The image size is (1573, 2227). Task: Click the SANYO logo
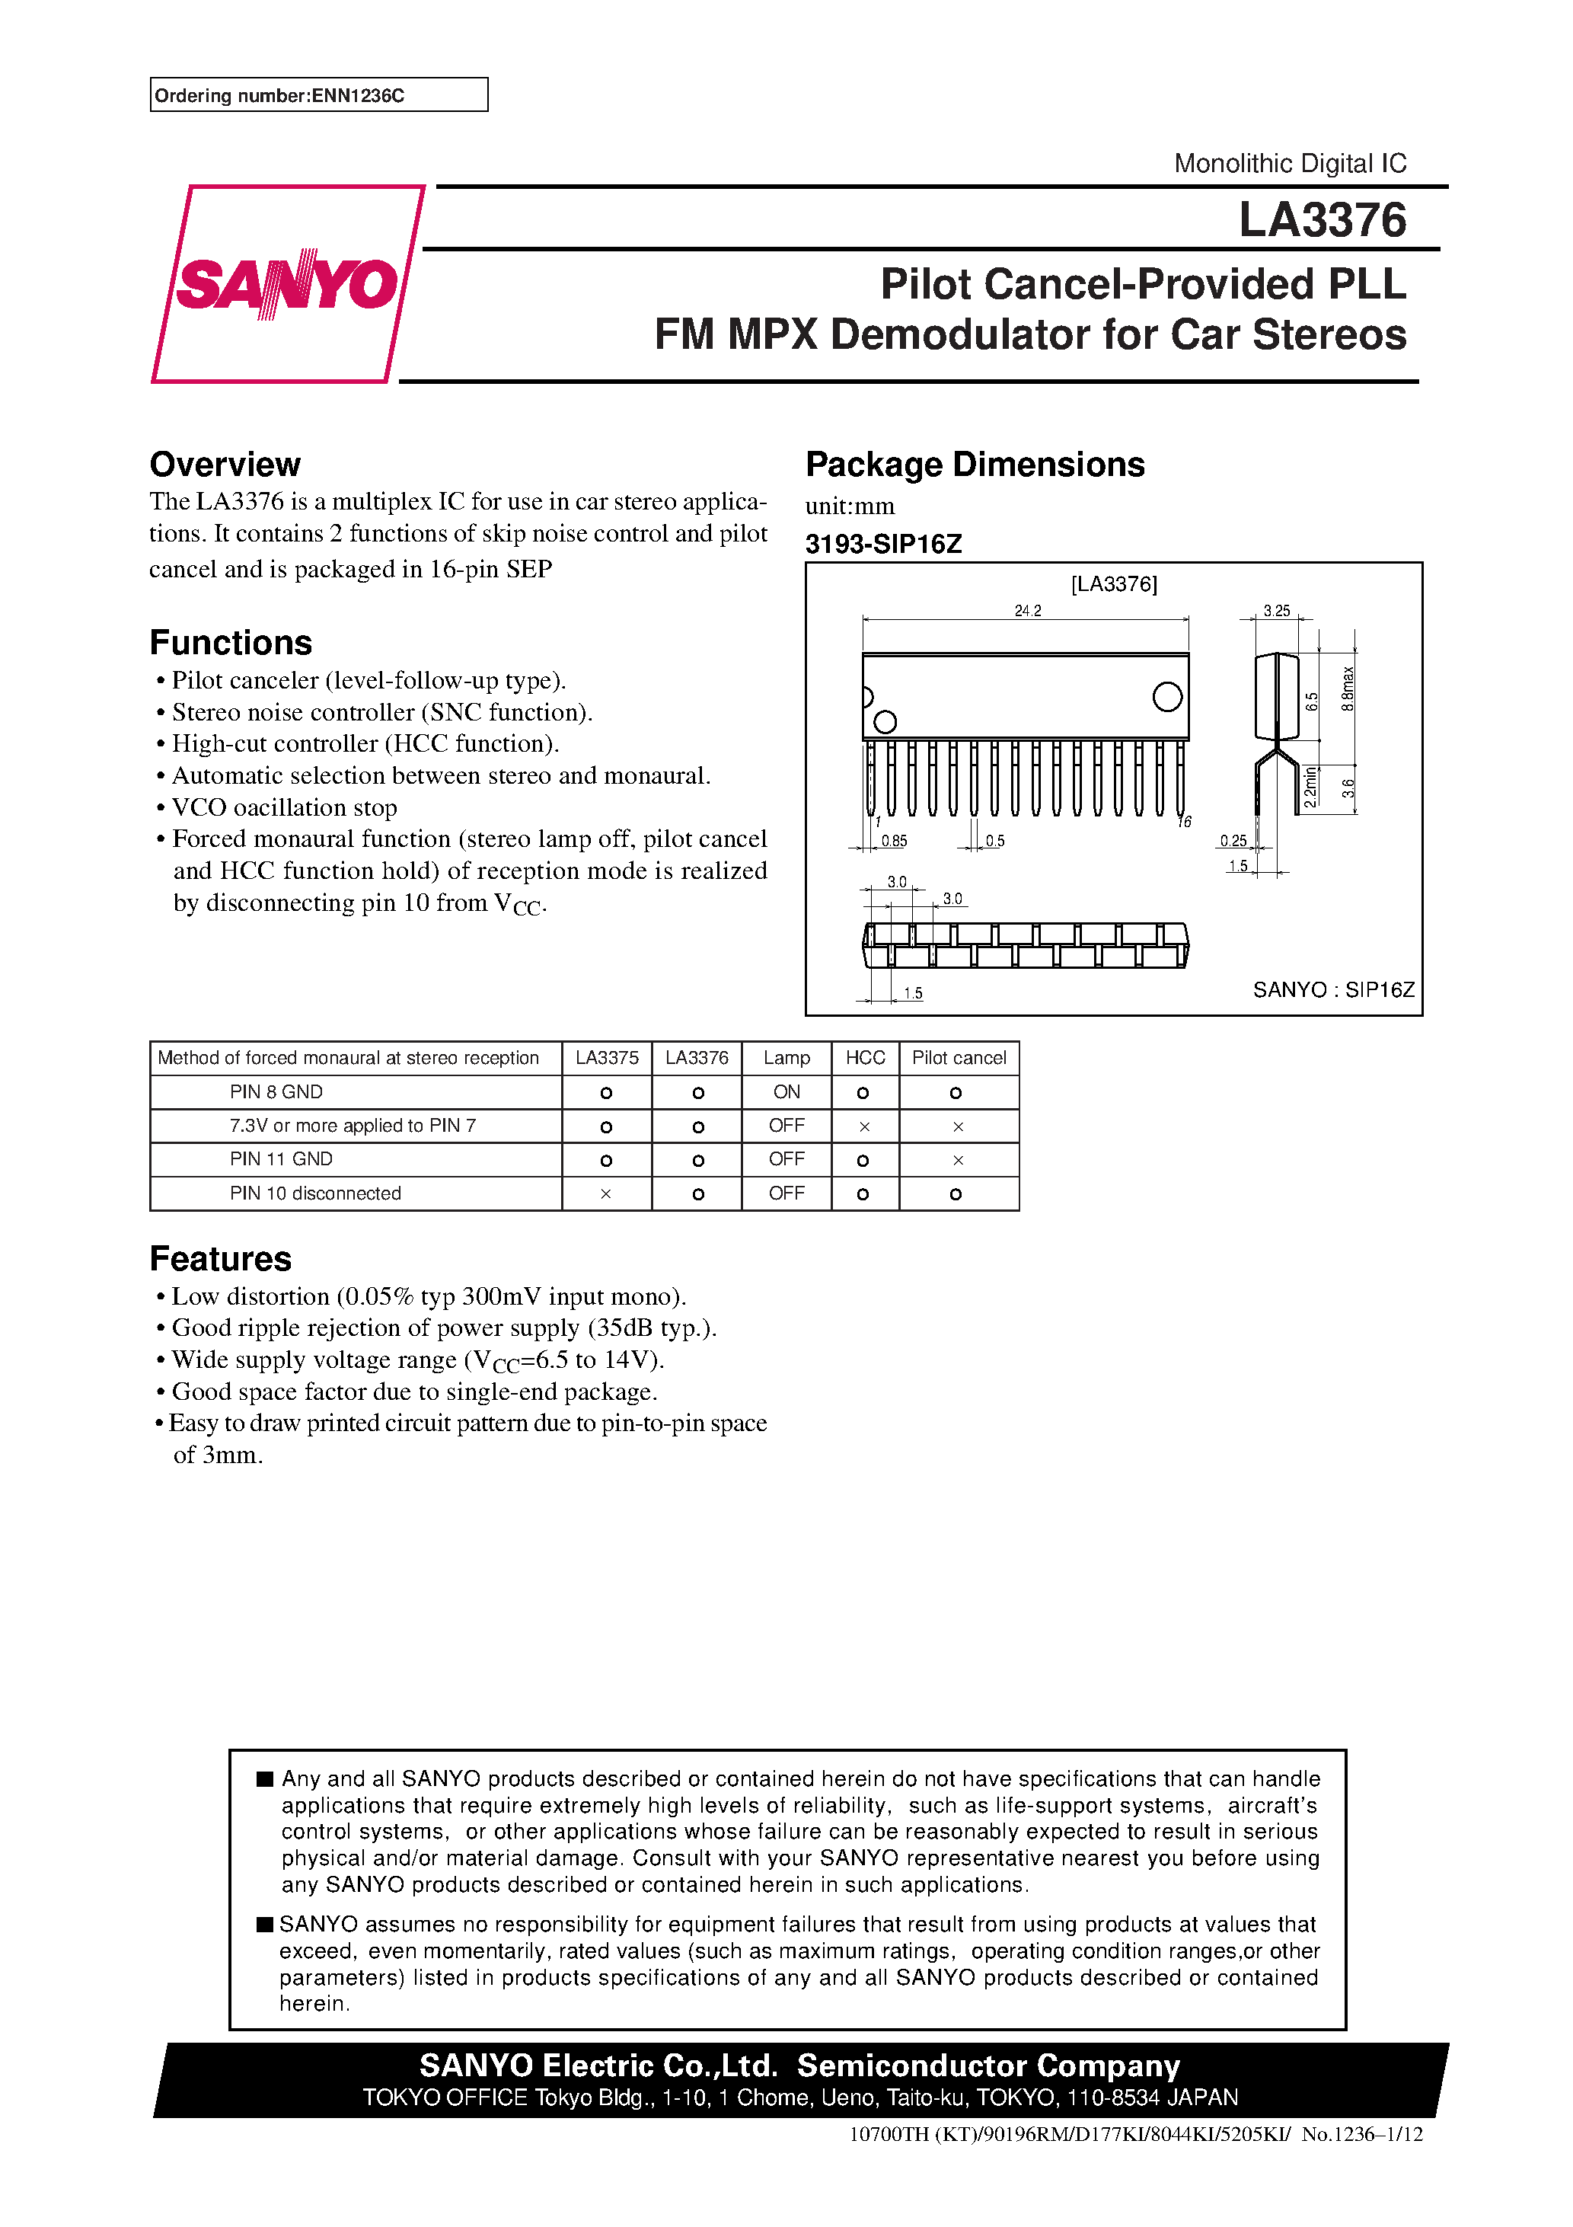pyautogui.click(x=287, y=284)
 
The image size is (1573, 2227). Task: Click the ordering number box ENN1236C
pyautogui.click(x=318, y=95)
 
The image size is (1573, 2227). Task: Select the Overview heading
pyautogui.click(x=225, y=465)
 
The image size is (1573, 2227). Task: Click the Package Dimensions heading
pyautogui.click(x=974, y=465)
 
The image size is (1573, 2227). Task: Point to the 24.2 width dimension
pyautogui.click(x=1027, y=610)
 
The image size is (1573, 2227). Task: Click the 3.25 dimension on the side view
pyautogui.click(x=1276, y=610)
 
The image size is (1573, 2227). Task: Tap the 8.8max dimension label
pyautogui.click(x=1347, y=689)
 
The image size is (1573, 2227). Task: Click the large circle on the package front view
pyautogui.click(x=1166, y=696)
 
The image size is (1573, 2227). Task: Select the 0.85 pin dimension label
pyautogui.click(x=893, y=841)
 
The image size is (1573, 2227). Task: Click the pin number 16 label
pyautogui.click(x=1184, y=823)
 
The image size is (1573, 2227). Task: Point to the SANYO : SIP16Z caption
pyautogui.click(x=1332, y=989)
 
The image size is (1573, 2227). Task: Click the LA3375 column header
pyautogui.click(x=606, y=1057)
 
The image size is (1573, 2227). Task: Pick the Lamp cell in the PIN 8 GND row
pyautogui.click(x=786, y=1092)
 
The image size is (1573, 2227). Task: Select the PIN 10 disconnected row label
pyautogui.click(x=315, y=1193)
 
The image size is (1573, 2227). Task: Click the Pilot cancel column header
pyautogui.click(x=958, y=1057)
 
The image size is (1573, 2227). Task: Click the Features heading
pyautogui.click(x=220, y=1259)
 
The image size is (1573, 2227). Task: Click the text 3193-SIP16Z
pyautogui.click(x=882, y=544)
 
